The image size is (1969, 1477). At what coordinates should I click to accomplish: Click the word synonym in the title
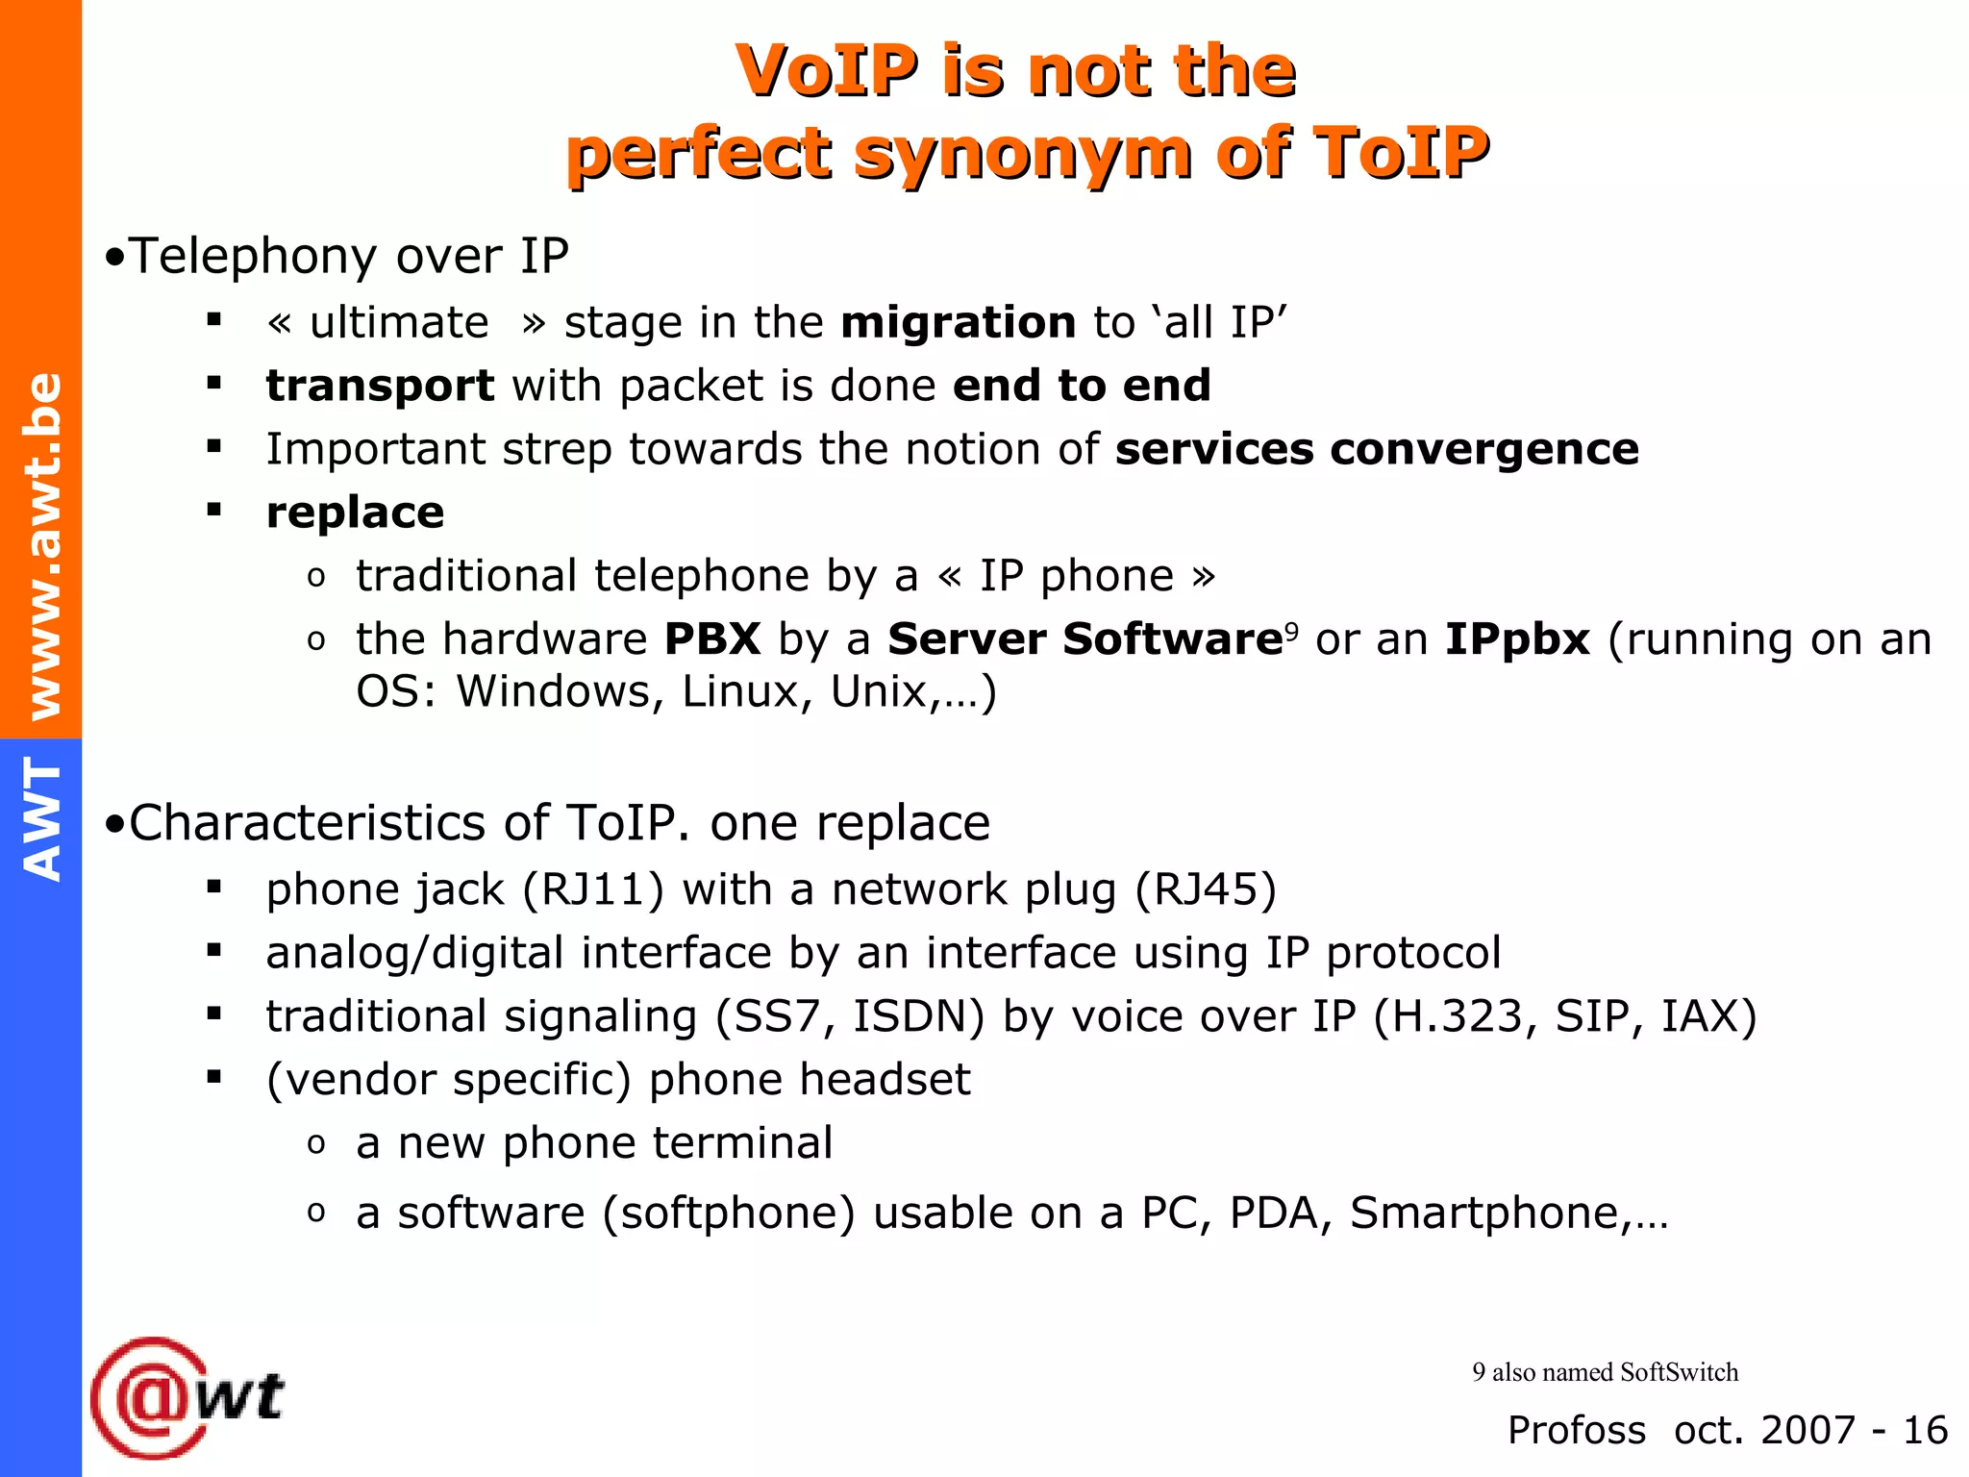pos(1023,154)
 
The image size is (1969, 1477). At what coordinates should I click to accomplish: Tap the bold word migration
pos(958,322)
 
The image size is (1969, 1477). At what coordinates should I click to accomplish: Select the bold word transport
pos(380,387)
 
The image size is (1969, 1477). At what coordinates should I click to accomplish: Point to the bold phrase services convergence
pos(1376,449)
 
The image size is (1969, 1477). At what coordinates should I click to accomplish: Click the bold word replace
pos(355,513)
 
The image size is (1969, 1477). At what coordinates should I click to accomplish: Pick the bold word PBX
pos(712,639)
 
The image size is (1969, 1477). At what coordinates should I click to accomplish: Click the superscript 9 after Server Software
pos(1291,631)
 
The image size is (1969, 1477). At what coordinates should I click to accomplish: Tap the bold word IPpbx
pos(1517,639)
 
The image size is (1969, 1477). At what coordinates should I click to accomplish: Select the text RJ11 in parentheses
pos(592,889)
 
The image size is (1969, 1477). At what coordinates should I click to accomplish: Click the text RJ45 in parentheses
pos(1206,889)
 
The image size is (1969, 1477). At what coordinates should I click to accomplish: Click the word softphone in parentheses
pos(729,1213)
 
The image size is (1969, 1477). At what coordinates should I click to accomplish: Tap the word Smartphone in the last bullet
pos(1484,1213)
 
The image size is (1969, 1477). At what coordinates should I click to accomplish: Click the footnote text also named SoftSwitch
pos(1614,1372)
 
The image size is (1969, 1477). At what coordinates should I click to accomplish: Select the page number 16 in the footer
pos(1925,1430)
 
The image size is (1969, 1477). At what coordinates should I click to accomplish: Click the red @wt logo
pos(187,1397)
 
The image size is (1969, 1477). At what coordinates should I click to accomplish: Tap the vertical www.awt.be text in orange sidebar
pos(42,545)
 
